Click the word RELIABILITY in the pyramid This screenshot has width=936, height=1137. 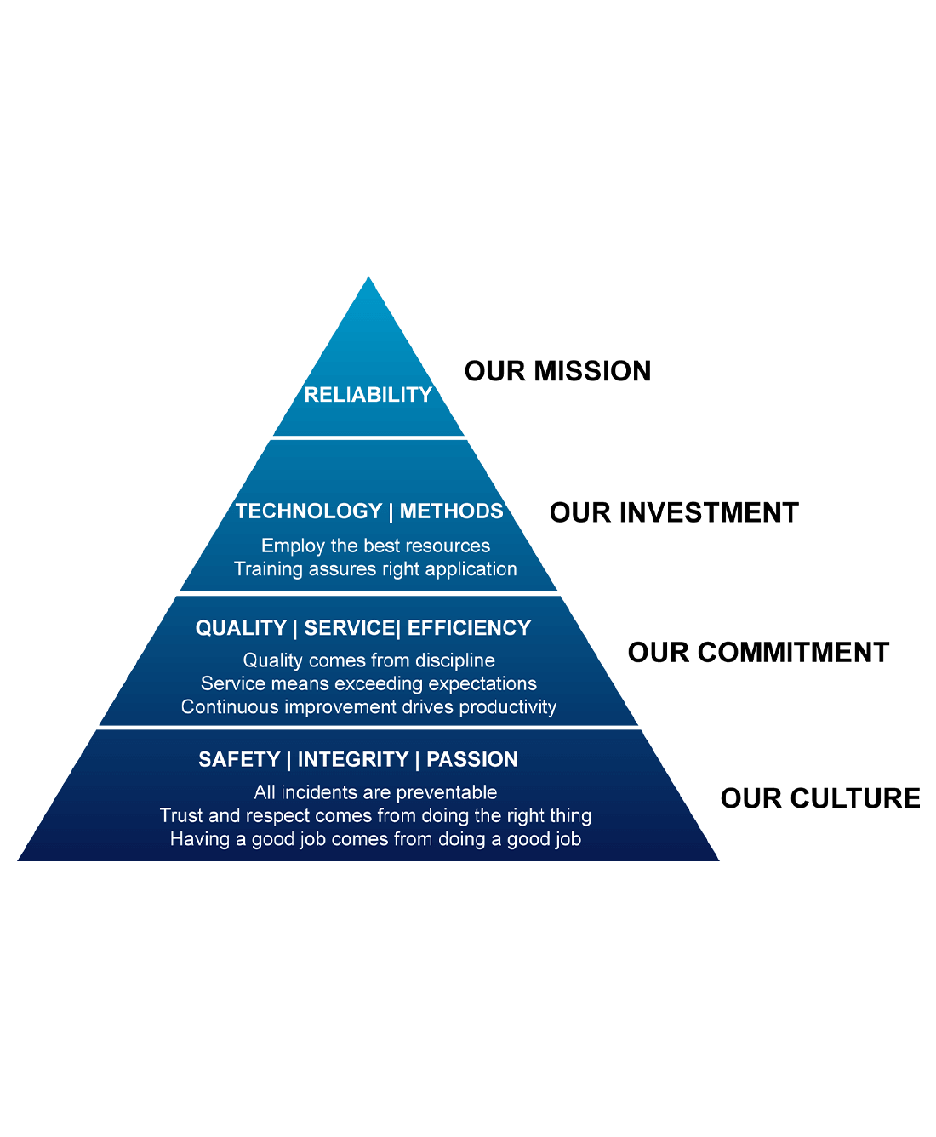pyautogui.click(x=368, y=395)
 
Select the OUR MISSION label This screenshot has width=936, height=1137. pyautogui.click(x=557, y=371)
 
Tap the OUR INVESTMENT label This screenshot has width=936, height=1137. pyautogui.click(x=673, y=512)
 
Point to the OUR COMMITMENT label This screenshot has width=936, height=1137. pyautogui.click(x=758, y=653)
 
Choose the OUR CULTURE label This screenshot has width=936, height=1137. pyautogui.click(x=820, y=798)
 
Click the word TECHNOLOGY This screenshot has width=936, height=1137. pyautogui.click(x=309, y=511)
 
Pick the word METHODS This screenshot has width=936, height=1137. pyautogui.click(x=451, y=511)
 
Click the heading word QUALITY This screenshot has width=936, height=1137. pyautogui.click(x=241, y=628)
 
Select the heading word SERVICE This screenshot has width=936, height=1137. pyautogui.click(x=350, y=628)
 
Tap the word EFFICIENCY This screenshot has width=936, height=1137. pyautogui.click(x=469, y=628)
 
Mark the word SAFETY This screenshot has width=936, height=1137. pyautogui.click(x=239, y=759)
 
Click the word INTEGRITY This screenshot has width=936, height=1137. pyautogui.click(x=353, y=759)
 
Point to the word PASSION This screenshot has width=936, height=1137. pyautogui.click(x=471, y=759)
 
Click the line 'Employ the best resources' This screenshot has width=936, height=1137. pyautogui.click(x=376, y=546)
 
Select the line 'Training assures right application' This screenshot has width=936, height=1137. pyautogui.click(x=375, y=569)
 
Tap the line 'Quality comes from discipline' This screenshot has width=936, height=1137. pyautogui.click(x=368, y=660)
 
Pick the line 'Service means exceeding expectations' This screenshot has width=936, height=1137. pyautogui.click(x=368, y=683)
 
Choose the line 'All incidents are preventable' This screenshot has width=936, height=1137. pyautogui.click(x=375, y=792)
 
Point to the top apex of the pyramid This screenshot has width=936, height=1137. pyautogui.click(x=368, y=277)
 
